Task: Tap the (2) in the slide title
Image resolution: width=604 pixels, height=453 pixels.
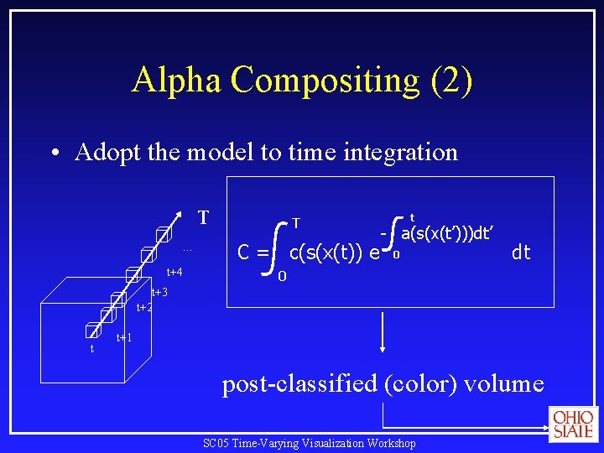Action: tap(450, 80)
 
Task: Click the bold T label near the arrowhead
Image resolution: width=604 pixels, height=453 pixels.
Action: tap(203, 218)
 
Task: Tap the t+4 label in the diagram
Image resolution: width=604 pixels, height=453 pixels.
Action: tap(174, 272)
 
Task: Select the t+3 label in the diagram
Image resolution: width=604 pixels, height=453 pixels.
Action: tap(159, 292)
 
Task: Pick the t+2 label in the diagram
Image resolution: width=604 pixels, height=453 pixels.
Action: tap(144, 308)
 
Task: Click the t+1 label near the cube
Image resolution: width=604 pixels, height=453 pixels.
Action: tap(125, 337)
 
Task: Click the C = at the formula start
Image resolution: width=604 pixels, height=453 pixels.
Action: tap(253, 252)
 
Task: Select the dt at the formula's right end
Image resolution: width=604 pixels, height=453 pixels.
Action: tap(521, 252)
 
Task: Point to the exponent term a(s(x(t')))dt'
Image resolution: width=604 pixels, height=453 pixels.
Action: tap(446, 233)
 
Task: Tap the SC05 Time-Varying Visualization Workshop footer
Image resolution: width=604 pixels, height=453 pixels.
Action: tap(310, 443)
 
